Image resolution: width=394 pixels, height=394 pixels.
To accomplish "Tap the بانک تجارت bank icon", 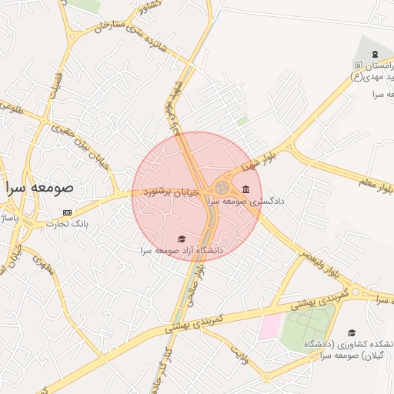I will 67,212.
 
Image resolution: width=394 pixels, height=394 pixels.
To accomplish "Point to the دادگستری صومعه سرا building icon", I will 245,190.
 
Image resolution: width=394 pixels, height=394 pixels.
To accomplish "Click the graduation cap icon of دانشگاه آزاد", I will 182,239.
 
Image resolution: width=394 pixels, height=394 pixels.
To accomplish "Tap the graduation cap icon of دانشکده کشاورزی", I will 352,332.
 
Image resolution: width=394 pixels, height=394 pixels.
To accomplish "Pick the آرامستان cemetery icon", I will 375,54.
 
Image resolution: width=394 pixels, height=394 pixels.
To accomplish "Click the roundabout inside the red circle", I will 222,188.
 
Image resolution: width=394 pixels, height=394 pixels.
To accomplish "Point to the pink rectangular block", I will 270,326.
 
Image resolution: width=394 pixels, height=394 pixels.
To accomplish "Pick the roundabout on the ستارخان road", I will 73,34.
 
